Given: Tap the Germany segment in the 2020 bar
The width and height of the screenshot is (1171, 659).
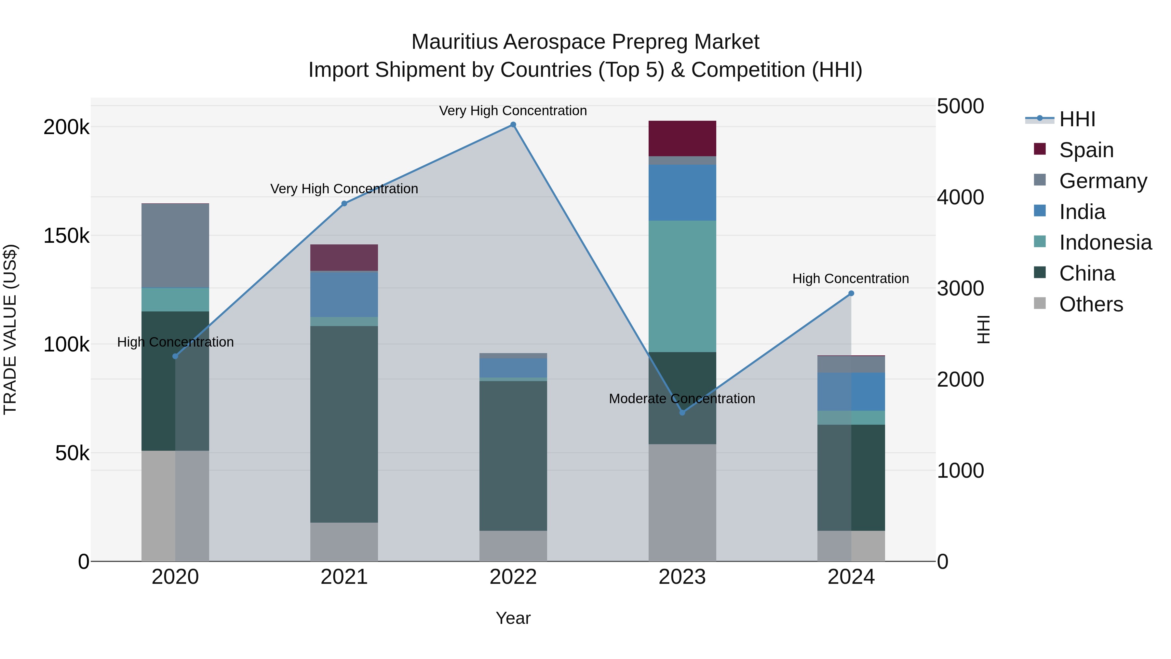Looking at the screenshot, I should (x=175, y=246).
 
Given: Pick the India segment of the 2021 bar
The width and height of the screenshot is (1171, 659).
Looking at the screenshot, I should (x=344, y=294).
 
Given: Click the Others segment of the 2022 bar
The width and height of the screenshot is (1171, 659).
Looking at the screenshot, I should (x=513, y=546).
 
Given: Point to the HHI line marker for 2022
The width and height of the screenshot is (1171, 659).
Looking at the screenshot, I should (x=513, y=125).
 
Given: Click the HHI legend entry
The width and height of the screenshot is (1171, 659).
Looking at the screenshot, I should (x=1077, y=119).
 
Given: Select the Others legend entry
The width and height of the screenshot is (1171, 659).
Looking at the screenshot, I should (x=1091, y=304).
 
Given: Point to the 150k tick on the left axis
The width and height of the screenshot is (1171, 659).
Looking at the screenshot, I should (x=66, y=236).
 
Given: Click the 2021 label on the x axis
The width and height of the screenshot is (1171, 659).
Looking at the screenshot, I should (x=344, y=577).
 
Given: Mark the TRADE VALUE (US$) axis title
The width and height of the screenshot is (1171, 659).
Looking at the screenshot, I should (x=10, y=329).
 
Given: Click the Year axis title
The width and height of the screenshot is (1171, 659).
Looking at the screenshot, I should (x=513, y=618).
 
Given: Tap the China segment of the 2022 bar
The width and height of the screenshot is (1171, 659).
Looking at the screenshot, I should (x=513, y=455).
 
